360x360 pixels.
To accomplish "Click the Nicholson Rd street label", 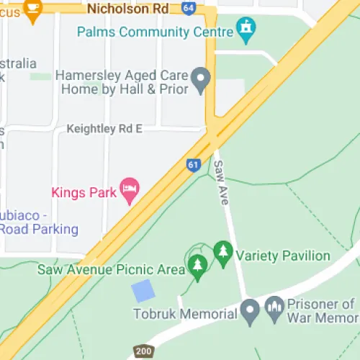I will click(x=127, y=9).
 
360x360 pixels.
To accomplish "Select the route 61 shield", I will click(x=192, y=165).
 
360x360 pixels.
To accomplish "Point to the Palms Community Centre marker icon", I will click(x=247, y=30).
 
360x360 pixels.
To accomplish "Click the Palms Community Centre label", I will click(x=155, y=32).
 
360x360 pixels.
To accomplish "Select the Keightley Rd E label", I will click(x=104, y=129).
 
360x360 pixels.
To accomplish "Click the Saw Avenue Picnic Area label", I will click(x=111, y=269).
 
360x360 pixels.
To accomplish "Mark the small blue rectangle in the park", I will click(x=143, y=292).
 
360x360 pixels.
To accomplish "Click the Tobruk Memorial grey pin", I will click(x=250, y=312).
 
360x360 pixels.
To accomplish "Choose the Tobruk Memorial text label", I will click(x=185, y=314).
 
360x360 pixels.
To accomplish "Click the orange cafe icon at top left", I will click(x=32, y=7).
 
